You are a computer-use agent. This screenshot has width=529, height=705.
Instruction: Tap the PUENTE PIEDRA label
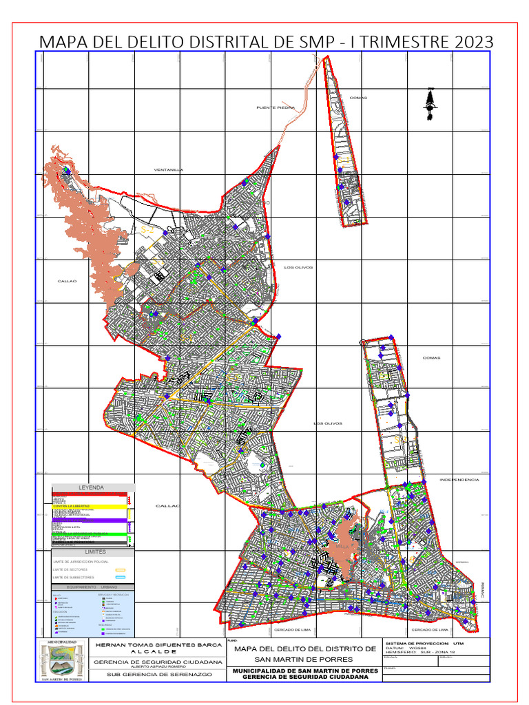[x=276, y=107]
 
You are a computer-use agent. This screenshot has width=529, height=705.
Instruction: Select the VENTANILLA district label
[x=168, y=169]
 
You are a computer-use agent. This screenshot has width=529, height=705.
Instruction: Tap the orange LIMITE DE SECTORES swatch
[x=120, y=570]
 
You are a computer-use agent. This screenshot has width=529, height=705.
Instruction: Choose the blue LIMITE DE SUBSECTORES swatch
[x=120, y=578]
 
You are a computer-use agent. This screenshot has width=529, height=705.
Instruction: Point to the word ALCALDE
[x=158, y=651]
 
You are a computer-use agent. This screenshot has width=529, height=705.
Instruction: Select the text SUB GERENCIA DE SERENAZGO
[x=158, y=674]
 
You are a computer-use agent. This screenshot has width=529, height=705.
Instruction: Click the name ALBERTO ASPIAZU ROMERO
[x=158, y=666]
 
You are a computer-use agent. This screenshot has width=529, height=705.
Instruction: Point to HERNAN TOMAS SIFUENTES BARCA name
[x=158, y=645]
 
